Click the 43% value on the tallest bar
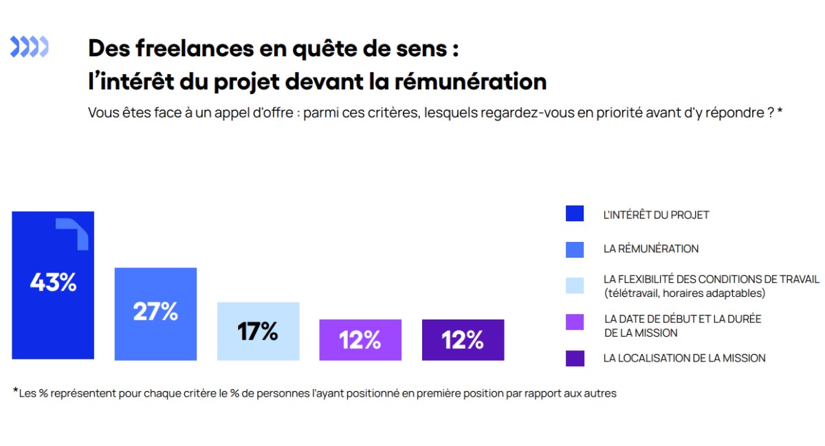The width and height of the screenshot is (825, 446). (x=53, y=282)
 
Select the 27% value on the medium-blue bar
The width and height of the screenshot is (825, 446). (x=155, y=311)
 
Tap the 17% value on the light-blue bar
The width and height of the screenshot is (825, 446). (x=258, y=332)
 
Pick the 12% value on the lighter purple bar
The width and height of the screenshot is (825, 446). (x=360, y=339)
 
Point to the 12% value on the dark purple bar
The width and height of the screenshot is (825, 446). (x=463, y=339)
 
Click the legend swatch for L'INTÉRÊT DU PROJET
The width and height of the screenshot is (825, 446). (x=575, y=214)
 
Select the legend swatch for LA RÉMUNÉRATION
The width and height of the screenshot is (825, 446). (x=575, y=249)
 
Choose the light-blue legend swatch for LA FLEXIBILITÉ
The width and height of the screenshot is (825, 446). (x=575, y=285)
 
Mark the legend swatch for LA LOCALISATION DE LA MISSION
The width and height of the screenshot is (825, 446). (x=575, y=358)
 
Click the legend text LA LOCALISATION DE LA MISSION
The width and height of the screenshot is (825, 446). (x=684, y=358)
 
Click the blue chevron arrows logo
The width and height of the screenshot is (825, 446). (x=29, y=47)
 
